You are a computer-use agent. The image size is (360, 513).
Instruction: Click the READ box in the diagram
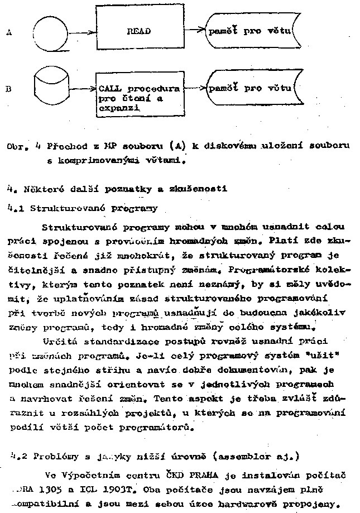(140, 31)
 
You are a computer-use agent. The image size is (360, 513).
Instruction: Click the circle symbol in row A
(50, 32)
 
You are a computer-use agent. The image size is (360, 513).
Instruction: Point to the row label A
(9, 33)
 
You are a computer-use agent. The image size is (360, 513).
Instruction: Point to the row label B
(8, 88)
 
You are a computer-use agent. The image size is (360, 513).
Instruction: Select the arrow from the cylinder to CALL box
(82, 88)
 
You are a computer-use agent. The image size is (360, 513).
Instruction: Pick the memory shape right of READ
(249, 31)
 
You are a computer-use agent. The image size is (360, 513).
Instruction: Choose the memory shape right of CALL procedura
(249, 88)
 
